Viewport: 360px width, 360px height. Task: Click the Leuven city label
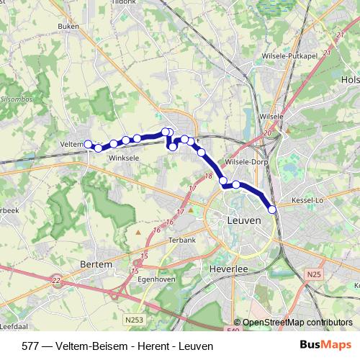pos(243,220)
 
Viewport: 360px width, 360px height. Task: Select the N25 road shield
pos(313,274)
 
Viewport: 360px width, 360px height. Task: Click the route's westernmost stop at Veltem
pos(89,145)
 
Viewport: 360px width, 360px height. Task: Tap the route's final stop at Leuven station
pos(272,210)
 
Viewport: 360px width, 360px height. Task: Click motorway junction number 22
pos(58,281)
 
